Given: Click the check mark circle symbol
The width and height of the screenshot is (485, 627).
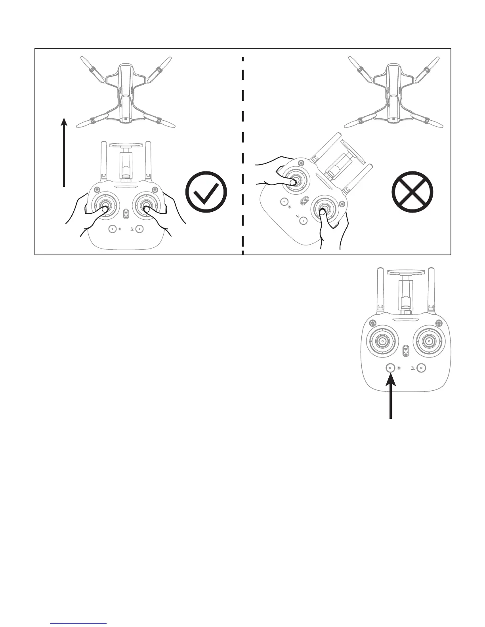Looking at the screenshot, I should pyautogui.click(x=206, y=192).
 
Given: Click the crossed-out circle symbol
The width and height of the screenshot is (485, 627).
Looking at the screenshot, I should pyautogui.click(x=412, y=192).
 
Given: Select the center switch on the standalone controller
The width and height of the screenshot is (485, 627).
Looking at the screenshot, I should pyautogui.click(x=405, y=350).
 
